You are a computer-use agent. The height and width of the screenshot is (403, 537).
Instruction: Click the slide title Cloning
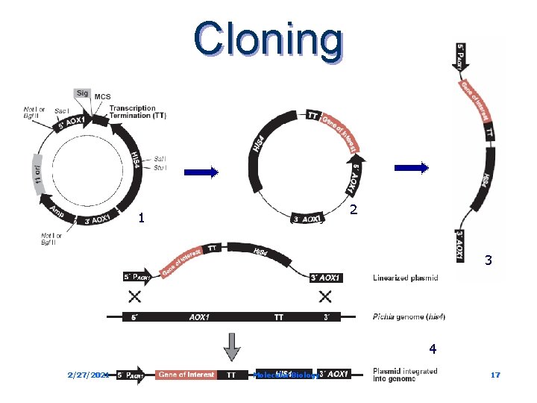pyautogui.click(x=268, y=39)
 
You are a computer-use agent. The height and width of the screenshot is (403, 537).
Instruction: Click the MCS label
pyautogui.click(x=102, y=96)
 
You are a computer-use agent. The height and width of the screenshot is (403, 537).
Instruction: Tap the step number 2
pyautogui.click(x=354, y=210)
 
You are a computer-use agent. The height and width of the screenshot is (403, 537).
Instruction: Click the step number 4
pyautogui.click(x=432, y=349)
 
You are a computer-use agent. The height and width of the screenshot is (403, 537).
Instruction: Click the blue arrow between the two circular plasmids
pyautogui.click(x=198, y=172)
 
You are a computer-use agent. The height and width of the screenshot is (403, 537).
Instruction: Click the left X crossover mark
pyautogui.click(x=136, y=296)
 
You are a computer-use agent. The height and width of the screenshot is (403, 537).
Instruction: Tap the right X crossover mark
pyautogui.click(x=326, y=296)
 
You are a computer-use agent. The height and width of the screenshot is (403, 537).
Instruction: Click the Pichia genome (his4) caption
pyautogui.click(x=409, y=317)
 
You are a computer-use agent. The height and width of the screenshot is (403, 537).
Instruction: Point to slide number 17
pyautogui.click(x=495, y=375)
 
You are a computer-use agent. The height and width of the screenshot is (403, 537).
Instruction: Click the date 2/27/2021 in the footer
pyautogui.click(x=88, y=375)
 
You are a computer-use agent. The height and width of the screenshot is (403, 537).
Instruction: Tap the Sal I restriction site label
pyautogui.click(x=160, y=159)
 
